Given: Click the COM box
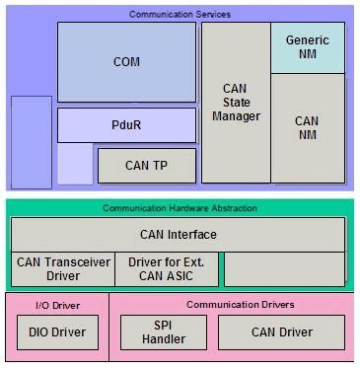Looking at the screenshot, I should pos(127,61).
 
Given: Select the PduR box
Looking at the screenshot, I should pos(127,125).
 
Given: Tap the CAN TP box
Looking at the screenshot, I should pos(146,165).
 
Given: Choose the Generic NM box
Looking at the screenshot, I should pos(308,47).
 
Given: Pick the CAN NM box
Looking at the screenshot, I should pos(308,128).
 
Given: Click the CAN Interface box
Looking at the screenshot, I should pos(178,235).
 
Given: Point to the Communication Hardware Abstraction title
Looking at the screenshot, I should pos(180,208).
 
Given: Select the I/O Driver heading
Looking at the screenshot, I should pos(54,305).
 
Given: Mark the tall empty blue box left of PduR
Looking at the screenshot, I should pos(31,140).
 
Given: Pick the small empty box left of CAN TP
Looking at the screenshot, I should pos(75,165).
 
